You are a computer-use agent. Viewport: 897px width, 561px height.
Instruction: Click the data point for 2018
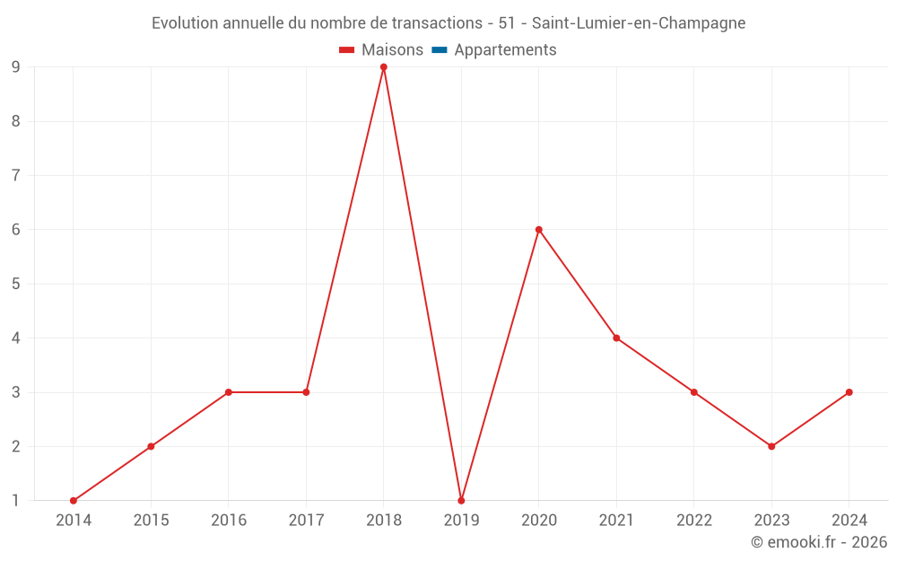coord(384,67)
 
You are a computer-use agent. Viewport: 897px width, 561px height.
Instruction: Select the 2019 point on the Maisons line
coord(461,501)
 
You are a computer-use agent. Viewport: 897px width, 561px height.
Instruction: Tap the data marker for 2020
coord(539,230)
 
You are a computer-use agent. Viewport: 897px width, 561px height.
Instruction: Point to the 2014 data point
coord(74,501)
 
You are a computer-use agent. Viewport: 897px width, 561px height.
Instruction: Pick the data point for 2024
coord(849,392)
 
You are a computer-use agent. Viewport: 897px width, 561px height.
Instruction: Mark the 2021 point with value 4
coord(616,338)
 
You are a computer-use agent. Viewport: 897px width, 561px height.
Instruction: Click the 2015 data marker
coord(151,446)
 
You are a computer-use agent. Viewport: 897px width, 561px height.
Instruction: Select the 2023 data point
coord(771,446)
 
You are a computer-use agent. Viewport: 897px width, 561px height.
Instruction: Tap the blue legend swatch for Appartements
coord(440,50)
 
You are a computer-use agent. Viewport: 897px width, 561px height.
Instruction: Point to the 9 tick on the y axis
coord(16,67)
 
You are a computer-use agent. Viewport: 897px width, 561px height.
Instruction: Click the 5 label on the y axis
coord(16,284)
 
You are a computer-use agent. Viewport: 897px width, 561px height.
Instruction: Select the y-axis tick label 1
coord(16,501)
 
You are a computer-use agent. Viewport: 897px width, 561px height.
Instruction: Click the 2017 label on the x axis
coord(306,521)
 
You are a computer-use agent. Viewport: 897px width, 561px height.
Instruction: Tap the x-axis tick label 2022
coord(694,521)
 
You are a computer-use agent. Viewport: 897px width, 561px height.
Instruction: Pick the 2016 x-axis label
coord(229,521)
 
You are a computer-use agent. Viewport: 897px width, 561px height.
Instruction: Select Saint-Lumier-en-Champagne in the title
coord(639,23)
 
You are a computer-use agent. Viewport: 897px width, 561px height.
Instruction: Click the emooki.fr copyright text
coord(819,542)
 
